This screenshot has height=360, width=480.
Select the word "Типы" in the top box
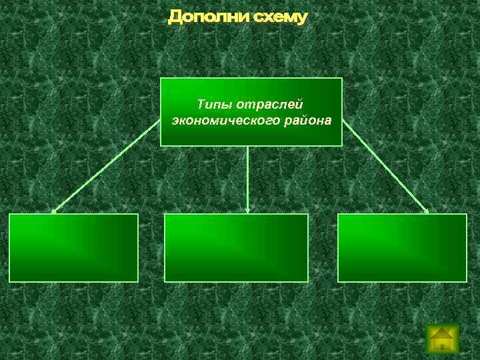[210, 105]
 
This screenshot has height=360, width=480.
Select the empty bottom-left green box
[73, 247]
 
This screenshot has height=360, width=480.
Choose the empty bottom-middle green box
[236, 247]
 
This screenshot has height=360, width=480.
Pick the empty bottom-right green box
[402, 247]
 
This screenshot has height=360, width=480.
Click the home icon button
[442, 338]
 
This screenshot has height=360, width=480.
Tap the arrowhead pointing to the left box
[54, 211]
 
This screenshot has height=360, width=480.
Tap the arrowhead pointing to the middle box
[248, 211]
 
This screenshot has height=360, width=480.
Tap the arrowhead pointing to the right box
[427, 211]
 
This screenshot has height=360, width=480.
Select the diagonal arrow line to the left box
[107, 167]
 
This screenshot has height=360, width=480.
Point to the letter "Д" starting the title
[175, 17]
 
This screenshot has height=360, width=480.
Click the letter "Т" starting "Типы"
[201, 105]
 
